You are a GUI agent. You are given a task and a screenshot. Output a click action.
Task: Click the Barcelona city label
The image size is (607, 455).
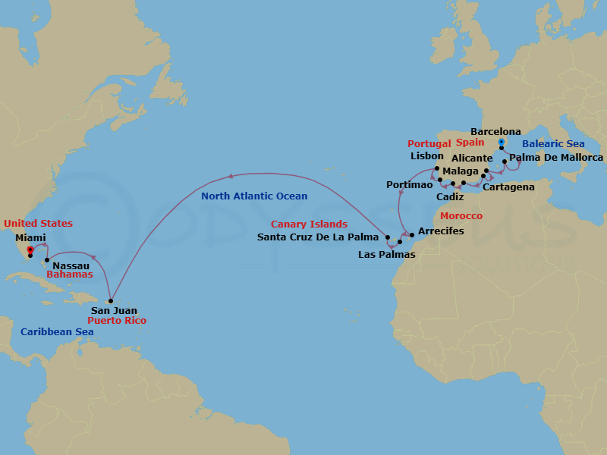[495, 132]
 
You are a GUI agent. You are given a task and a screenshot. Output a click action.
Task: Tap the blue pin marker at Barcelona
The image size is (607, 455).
[502, 143]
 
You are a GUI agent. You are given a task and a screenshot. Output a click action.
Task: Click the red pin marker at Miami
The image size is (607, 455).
[30, 249]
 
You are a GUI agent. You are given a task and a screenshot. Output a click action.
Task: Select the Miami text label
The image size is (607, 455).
[30, 237]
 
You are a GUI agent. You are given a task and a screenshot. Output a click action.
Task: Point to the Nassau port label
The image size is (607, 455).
[71, 265]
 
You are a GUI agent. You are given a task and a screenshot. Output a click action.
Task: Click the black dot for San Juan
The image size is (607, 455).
[111, 300]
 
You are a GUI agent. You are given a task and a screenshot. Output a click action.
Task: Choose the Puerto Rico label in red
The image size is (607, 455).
[117, 321]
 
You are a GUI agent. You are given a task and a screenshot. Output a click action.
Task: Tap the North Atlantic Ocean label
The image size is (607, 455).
[254, 196]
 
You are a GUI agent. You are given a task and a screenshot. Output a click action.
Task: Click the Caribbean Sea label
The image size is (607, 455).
[57, 332]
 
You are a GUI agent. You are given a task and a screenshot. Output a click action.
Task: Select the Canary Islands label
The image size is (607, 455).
[309, 224]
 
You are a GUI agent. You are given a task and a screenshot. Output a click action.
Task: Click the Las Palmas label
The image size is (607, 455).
[386, 255]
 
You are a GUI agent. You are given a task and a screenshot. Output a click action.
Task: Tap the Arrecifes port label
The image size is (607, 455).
[441, 231]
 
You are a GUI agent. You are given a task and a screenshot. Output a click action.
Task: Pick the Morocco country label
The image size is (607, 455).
[461, 216]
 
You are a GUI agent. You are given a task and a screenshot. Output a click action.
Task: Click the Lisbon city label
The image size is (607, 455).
[426, 156]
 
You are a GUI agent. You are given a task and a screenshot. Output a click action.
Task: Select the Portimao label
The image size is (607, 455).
[409, 184]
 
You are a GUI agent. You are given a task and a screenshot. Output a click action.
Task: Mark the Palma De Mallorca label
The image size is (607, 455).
[556, 158]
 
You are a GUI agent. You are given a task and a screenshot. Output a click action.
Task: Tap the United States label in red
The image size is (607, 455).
[38, 224]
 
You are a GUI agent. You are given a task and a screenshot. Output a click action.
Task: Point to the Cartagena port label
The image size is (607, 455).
[508, 187]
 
